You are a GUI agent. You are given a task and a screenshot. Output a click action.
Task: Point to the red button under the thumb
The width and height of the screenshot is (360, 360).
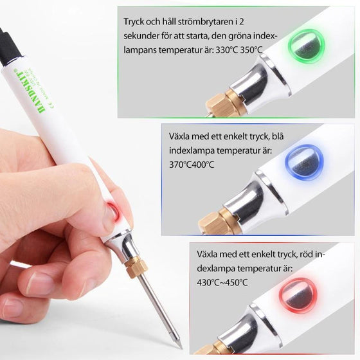coord(113,212)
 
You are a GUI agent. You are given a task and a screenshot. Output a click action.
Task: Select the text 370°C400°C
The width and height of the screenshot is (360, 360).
coord(192,165)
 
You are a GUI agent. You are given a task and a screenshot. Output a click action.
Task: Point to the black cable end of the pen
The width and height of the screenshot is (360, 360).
coord(8,45)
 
